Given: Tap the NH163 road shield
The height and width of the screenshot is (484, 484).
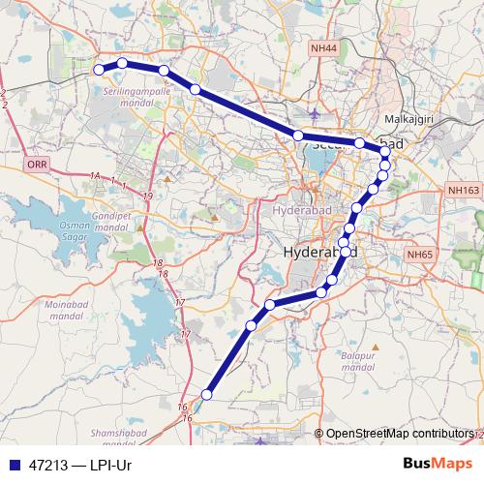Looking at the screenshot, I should coord(465,192).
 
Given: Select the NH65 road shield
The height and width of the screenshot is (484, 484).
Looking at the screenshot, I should coord(419,254).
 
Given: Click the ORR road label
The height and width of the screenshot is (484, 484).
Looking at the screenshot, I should coord(37,166).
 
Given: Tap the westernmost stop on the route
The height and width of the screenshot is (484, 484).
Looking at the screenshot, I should coord(98,69).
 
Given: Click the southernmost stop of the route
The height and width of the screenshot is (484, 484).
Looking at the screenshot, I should coord(206,393).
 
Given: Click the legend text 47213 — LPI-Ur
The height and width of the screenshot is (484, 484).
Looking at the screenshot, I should coord(79,465).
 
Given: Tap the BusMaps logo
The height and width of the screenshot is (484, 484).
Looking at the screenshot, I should coord(438,463).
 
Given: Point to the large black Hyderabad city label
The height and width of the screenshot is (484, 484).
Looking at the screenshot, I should coord(320,253).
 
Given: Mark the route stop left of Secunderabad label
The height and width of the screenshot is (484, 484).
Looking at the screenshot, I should coord(298,136).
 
